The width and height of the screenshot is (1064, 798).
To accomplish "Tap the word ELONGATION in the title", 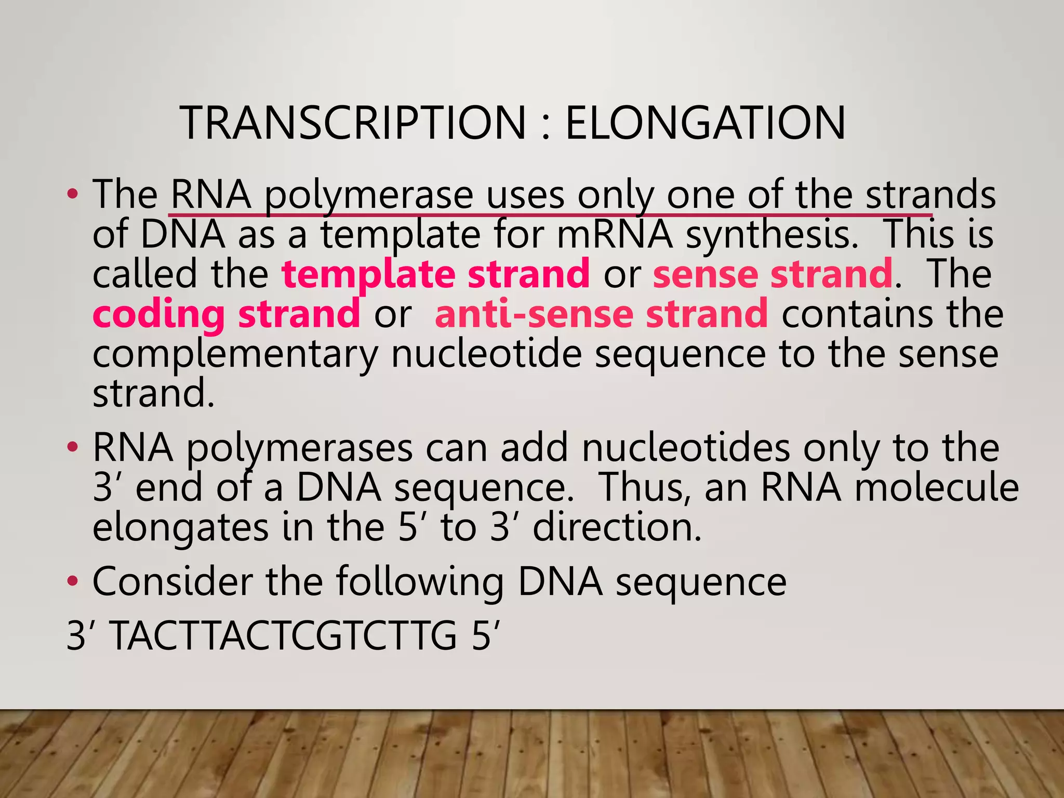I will click(705, 123).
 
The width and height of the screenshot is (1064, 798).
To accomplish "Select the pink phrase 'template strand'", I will click(435, 274).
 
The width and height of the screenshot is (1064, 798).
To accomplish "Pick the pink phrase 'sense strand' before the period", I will click(773, 274).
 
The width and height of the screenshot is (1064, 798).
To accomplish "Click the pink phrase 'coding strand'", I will click(226, 314).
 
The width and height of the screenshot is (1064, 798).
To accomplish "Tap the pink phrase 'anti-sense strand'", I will click(601, 314).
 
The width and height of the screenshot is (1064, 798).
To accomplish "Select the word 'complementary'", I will click(235, 354).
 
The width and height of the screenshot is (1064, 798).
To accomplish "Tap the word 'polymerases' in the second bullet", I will click(299, 448).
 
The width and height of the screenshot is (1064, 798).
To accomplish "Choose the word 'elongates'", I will click(180, 528).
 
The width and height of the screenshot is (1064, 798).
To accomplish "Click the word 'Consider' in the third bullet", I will click(172, 581).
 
